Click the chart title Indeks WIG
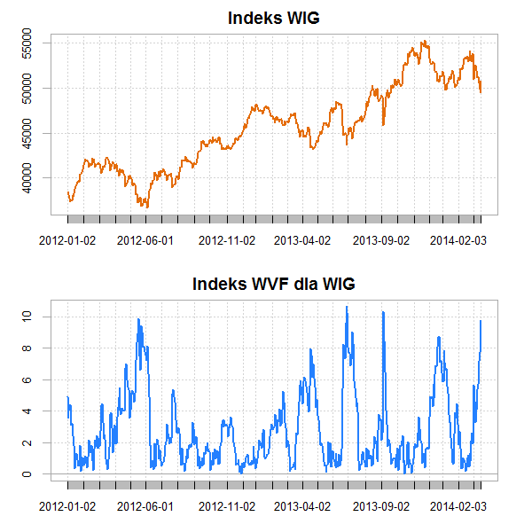pos(274,18)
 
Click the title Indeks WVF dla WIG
pos(274,285)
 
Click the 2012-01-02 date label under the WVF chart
pos(67,506)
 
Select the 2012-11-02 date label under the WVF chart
pos(226,506)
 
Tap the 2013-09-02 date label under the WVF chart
pos(381,506)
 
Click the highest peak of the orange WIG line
pos(425,41)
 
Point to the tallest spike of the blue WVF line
pos(347,307)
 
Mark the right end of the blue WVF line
pos(481,321)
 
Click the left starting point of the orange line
pos(67,192)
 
